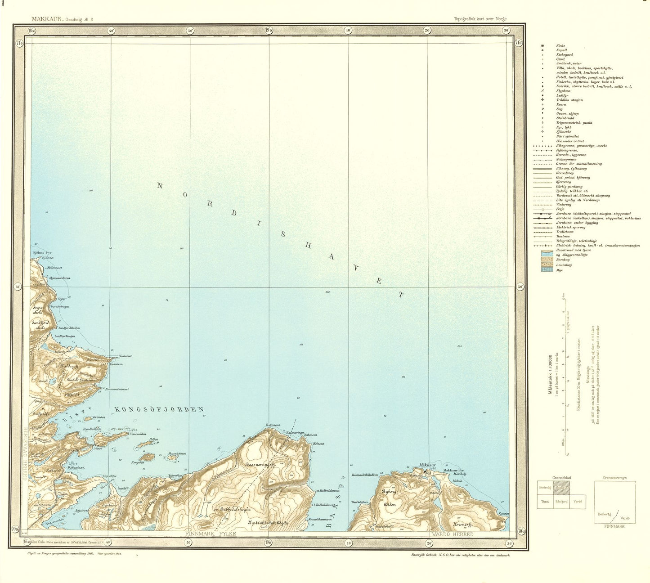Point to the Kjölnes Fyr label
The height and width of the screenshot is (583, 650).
43,253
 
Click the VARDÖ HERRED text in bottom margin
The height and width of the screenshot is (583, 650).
452,534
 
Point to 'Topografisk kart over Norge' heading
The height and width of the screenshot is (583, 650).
480,19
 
